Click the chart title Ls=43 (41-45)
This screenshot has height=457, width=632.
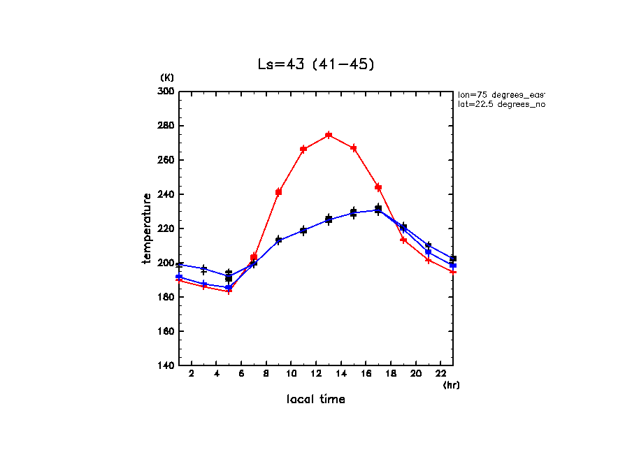click(x=316, y=64)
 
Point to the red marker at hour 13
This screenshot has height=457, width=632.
click(x=329, y=136)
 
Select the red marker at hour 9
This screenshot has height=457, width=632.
click(x=278, y=191)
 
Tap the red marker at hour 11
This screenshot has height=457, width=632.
click(x=303, y=149)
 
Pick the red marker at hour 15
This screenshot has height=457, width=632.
click(x=354, y=148)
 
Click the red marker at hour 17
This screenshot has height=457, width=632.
click(x=378, y=187)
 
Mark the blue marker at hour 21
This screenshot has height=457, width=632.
click(x=428, y=252)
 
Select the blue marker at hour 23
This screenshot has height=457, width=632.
click(x=453, y=266)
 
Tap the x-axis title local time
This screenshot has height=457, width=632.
click(x=316, y=400)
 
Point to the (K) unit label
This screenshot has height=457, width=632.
click(x=167, y=77)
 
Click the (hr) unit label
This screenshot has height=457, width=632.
click(x=451, y=385)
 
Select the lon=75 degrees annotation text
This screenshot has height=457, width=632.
click(x=501, y=94)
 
